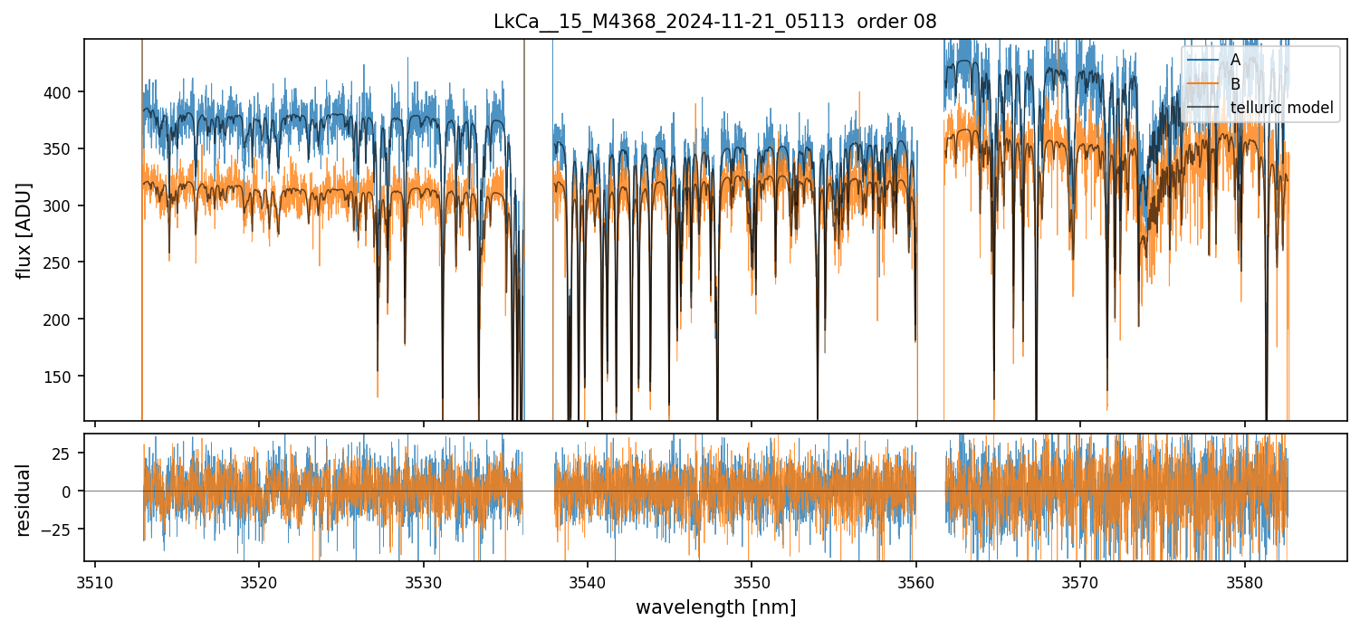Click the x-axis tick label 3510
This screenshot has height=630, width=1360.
pyautogui.click(x=95, y=583)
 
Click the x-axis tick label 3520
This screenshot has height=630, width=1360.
pyautogui.click(x=259, y=583)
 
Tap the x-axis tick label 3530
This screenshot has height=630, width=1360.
pyautogui.click(x=423, y=583)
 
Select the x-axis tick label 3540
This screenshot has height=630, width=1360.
pyautogui.click(x=588, y=583)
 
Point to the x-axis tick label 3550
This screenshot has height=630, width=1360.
pyautogui.click(x=752, y=583)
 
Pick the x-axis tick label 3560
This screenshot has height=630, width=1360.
pyautogui.click(x=916, y=583)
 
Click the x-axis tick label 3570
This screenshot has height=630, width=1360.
pyautogui.click(x=1080, y=583)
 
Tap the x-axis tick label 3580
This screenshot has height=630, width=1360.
pyautogui.click(x=1244, y=583)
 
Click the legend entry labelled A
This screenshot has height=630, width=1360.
pyautogui.click(x=1235, y=60)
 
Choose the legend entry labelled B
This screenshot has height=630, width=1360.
pyautogui.click(x=1235, y=84)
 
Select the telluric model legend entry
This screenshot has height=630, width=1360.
pyautogui.click(x=1281, y=109)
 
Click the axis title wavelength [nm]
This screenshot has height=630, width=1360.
pyautogui.click(x=715, y=607)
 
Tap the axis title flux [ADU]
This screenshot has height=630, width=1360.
pyautogui.click(x=24, y=230)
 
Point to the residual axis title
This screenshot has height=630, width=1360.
pyautogui.click(x=24, y=500)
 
